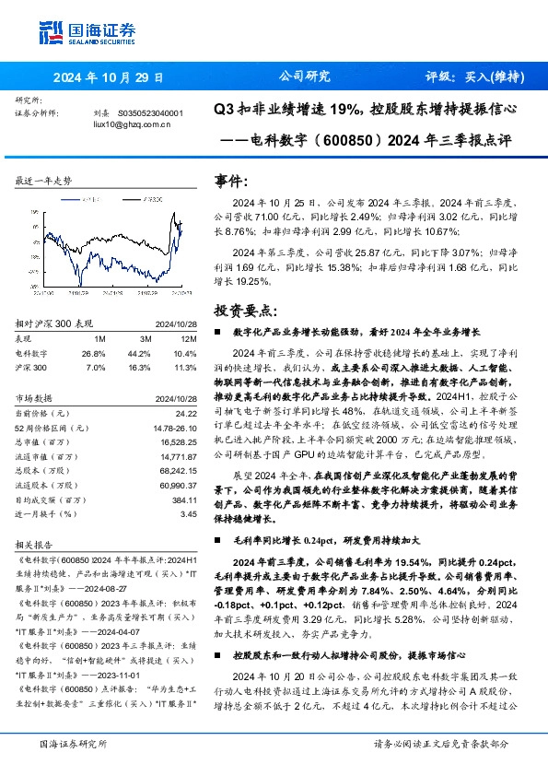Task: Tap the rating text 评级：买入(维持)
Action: click(469, 78)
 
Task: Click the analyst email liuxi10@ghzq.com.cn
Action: click(133, 123)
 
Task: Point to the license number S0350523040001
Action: click(151, 113)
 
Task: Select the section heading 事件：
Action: click(231, 182)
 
